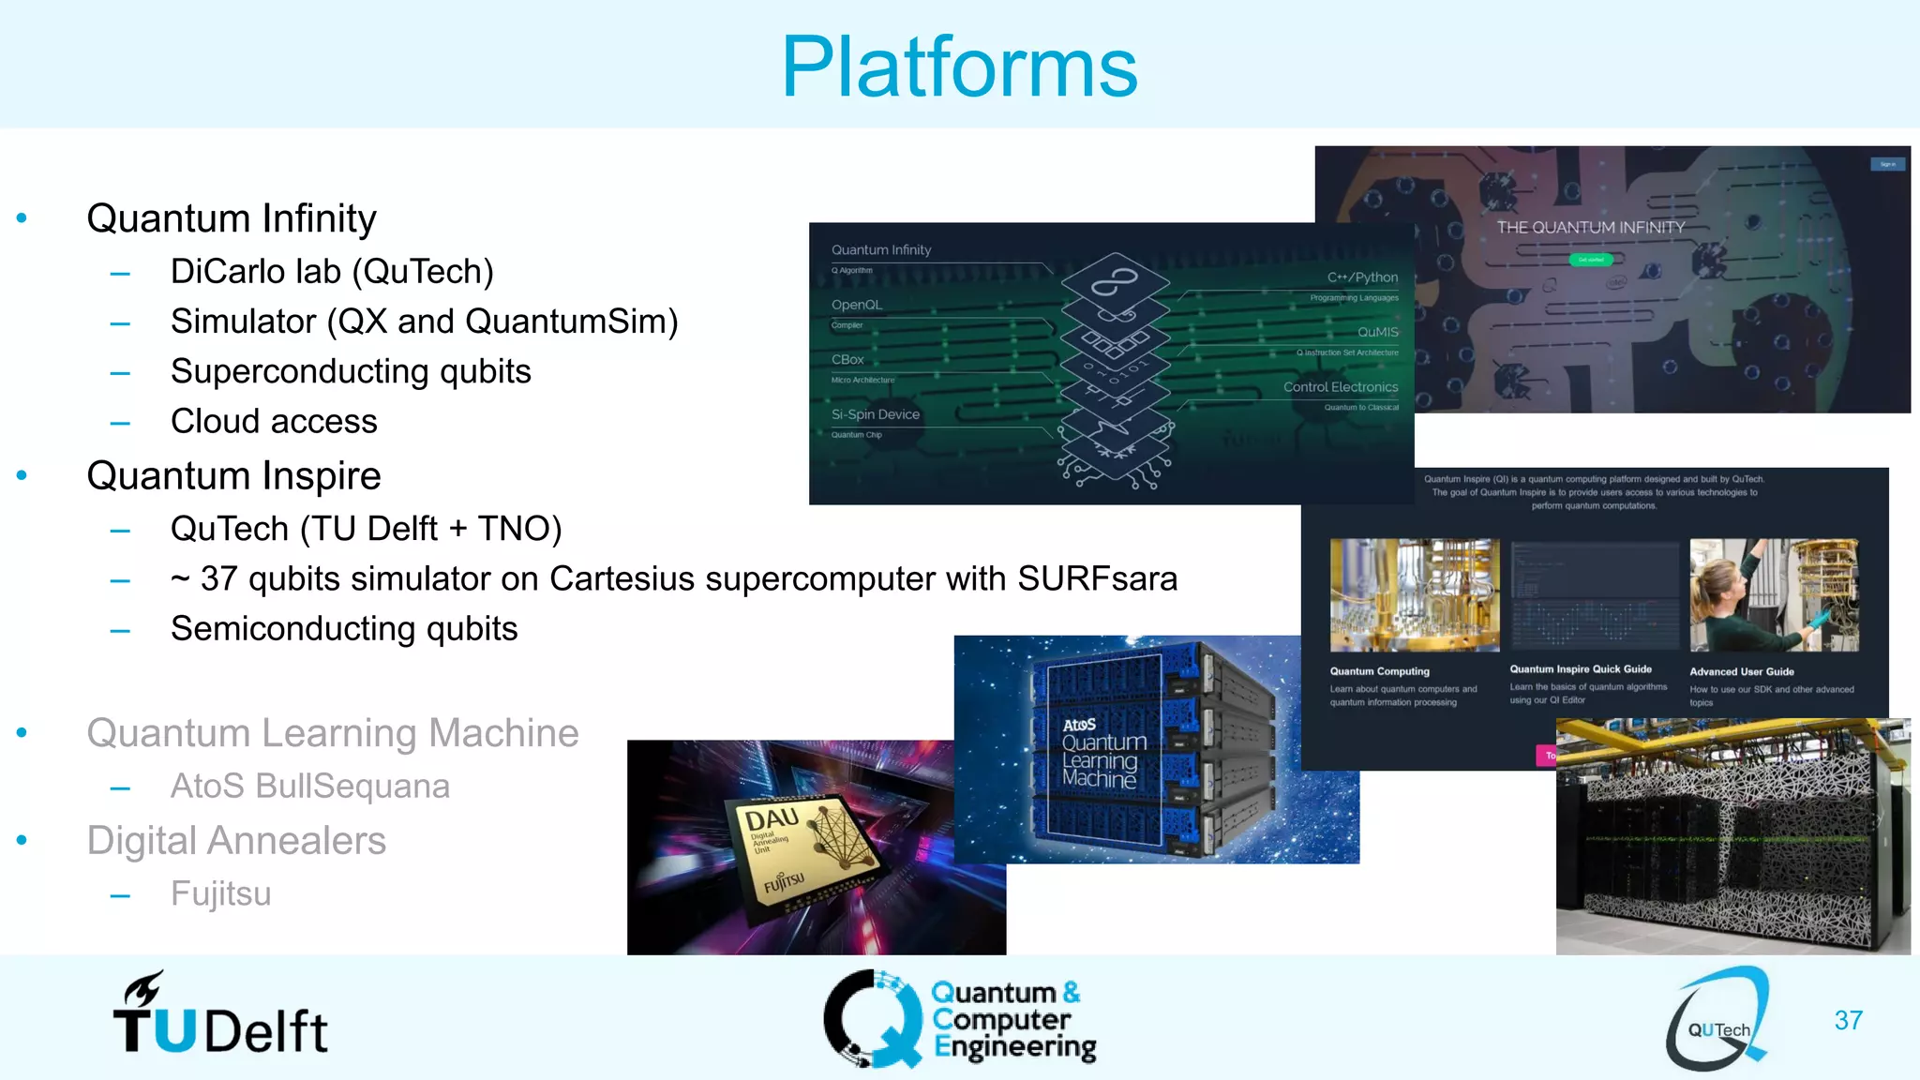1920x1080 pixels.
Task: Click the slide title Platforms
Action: point(959,67)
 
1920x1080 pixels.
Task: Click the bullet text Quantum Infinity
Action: point(231,218)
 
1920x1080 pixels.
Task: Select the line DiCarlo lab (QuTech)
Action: point(331,272)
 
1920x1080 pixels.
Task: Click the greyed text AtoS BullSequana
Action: point(309,787)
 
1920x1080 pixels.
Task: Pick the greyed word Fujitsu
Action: point(220,894)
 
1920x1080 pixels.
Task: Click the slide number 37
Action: point(1848,1020)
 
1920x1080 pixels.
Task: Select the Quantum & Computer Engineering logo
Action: point(960,1020)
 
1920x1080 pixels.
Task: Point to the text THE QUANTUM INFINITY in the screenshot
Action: point(1590,228)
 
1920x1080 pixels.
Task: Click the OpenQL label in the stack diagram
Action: point(857,305)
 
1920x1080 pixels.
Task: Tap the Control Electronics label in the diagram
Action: point(1340,387)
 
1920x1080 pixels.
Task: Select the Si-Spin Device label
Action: point(875,414)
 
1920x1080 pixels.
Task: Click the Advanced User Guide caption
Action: point(1741,672)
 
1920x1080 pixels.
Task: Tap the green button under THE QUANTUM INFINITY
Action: point(1590,260)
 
